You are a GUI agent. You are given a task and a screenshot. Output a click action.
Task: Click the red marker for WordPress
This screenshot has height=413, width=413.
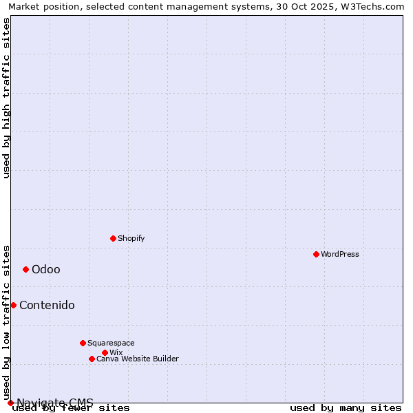point(316,254)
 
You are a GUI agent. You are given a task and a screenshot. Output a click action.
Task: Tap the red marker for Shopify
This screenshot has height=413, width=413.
point(113,238)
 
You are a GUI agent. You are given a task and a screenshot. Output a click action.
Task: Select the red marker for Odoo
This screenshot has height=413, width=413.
point(25,269)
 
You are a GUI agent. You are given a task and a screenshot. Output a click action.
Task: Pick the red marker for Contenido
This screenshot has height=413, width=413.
point(13,305)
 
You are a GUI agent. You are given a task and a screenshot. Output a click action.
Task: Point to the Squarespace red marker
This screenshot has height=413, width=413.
point(83,343)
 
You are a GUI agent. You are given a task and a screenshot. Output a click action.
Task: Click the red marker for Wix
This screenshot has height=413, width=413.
point(105,352)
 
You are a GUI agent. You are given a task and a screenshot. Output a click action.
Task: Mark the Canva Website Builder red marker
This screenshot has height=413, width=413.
point(92,359)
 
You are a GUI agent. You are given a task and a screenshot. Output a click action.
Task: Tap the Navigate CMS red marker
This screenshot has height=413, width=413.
point(10,403)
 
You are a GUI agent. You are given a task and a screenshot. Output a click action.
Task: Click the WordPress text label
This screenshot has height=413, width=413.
point(340,254)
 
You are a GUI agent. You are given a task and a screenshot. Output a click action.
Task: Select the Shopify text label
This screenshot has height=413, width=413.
point(131,238)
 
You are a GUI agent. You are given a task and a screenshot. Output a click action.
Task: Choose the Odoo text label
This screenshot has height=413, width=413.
point(46,269)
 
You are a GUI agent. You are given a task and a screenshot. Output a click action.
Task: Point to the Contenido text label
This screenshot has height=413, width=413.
point(47,305)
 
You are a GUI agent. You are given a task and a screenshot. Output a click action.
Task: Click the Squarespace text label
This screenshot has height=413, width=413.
point(111,343)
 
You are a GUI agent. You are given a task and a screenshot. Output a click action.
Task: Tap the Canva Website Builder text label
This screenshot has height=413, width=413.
point(138,359)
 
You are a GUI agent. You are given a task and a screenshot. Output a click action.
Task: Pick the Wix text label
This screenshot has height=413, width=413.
point(116,352)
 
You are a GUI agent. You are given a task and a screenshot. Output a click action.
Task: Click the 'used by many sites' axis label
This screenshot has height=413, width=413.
point(346,407)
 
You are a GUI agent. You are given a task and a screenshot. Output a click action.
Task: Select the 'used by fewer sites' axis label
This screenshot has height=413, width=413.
point(71,407)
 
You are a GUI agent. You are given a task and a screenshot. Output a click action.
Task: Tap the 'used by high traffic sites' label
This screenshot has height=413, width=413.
point(6,98)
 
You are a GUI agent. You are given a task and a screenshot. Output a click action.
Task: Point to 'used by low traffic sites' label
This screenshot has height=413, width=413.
point(6,322)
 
